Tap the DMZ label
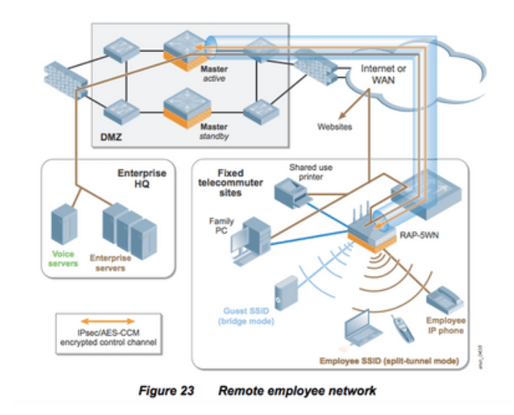(x=110, y=137)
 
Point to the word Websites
(x=335, y=126)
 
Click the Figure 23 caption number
(x=165, y=391)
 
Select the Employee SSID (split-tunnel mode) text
(x=389, y=361)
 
